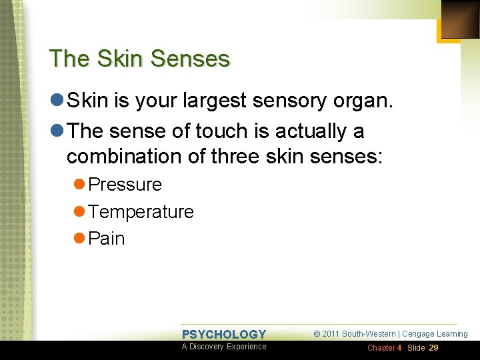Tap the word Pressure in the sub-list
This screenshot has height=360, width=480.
coord(125,185)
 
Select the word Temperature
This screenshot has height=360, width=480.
coord(141,212)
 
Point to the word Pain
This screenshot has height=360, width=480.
coord(106,239)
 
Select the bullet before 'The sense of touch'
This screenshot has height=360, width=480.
coord(57,131)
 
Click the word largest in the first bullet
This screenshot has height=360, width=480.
coord(221,101)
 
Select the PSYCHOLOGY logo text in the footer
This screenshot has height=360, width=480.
coord(224,334)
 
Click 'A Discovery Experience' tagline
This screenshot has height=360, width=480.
coord(224,347)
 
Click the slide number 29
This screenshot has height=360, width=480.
coord(433,348)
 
